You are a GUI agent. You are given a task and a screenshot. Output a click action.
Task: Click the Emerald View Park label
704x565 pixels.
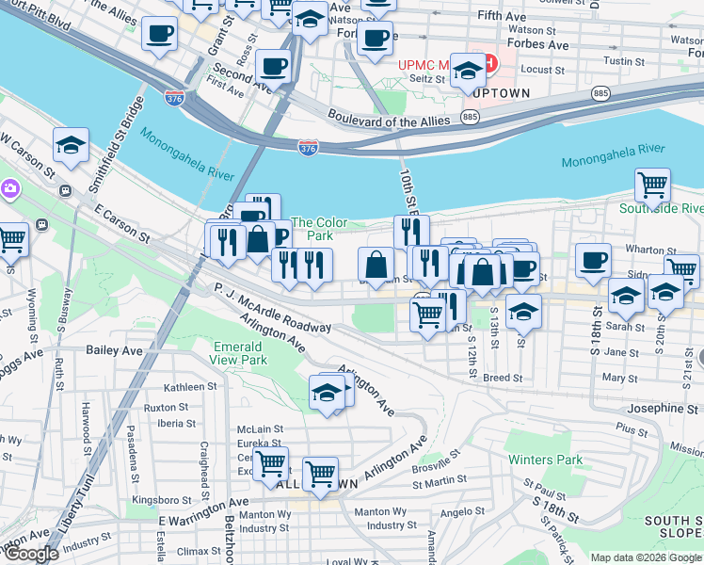click(x=240, y=353)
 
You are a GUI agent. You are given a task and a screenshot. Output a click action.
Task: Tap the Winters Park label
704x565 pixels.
click(x=546, y=460)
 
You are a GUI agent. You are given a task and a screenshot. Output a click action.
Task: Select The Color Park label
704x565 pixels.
click(x=320, y=229)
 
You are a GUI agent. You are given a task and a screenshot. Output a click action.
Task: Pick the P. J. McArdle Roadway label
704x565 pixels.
click(x=272, y=309)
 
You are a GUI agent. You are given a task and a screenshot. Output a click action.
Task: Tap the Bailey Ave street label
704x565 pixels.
click(x=113, y=350)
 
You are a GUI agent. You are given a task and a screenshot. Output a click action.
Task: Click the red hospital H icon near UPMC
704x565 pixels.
click(x=488, y=64)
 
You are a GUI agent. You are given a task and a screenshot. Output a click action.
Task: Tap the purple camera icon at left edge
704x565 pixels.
click(x=9, y=188)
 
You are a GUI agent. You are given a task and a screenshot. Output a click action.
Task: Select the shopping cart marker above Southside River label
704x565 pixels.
click(x=651, y=184)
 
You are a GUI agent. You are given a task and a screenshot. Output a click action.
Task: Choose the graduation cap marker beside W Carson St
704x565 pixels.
click(x=71, y=145)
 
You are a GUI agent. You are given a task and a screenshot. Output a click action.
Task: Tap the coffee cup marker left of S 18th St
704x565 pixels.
click(x=592, y=260)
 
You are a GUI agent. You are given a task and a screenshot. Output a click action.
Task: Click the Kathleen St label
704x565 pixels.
click(x=190, y=387)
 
